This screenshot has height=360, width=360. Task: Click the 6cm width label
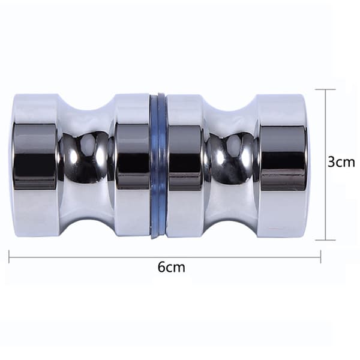(x=171, y=267)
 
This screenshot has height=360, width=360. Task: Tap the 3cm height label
(x=341, y=162)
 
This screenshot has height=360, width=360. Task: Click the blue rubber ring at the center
(x=158, y=166)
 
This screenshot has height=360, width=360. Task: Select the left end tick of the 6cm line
(x=9, y=257)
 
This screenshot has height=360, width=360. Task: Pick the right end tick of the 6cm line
(x=320, y=257)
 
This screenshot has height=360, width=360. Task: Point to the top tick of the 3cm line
(x=326, y=89)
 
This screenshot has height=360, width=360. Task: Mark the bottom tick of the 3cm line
(x=326, y=240)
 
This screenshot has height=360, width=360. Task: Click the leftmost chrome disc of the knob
(x=34, y=166)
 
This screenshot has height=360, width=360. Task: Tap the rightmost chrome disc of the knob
(x=283, y=166)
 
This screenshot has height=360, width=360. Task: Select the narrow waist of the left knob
(x=86, y=166)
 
